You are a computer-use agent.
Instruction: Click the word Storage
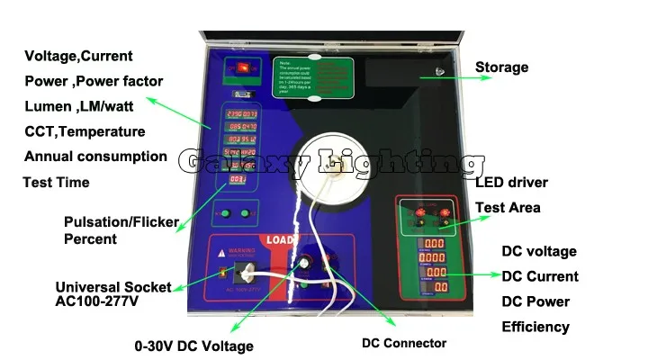click(501, 67)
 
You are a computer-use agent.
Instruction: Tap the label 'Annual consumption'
click(95, 157)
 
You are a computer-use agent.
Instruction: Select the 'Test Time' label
click(56, 183)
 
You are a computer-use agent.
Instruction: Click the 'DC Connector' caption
click(404, 343)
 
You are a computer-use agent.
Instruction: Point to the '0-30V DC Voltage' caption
click(194, 346)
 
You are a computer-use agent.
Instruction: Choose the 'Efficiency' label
click(535, 327)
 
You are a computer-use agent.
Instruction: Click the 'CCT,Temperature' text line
click(85, 131)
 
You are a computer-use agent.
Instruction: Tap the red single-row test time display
click(239, 180)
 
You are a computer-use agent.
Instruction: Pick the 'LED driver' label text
click(511, 183)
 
